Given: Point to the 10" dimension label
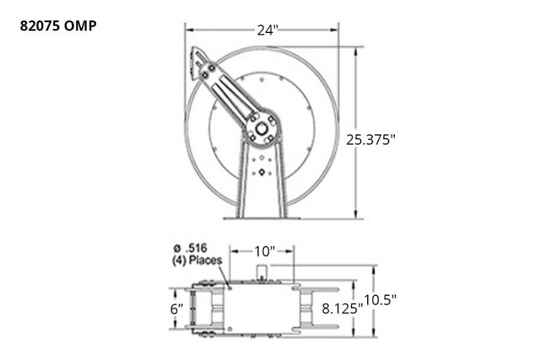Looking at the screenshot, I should point(263,250).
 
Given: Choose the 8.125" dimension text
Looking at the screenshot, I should point(343,309).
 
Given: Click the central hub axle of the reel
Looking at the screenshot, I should point(262,128).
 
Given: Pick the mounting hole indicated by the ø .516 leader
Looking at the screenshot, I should point(230,287).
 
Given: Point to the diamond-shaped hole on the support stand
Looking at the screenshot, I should point(262,173).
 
